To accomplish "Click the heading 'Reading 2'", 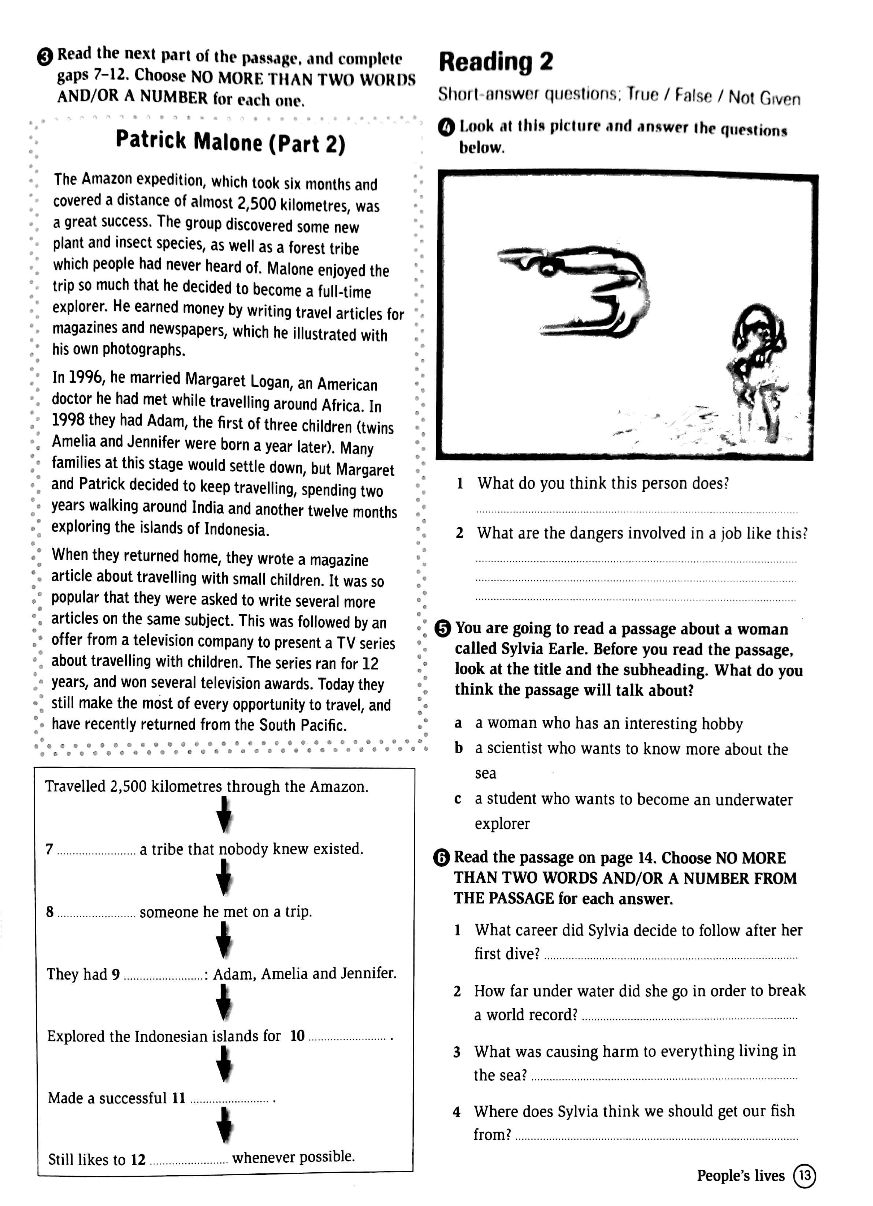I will tap(495, 63).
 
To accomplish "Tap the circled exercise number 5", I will tap(442, 629).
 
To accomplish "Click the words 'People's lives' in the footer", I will tap(740, 1176).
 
